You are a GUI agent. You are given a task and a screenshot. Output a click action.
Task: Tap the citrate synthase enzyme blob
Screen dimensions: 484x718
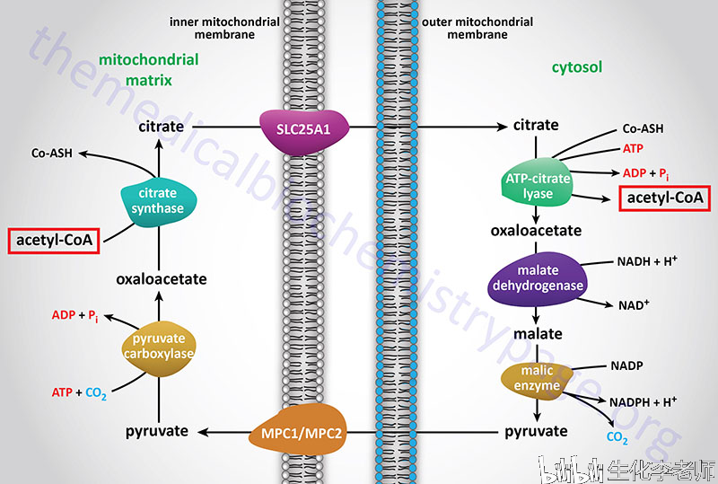tap(156, 201)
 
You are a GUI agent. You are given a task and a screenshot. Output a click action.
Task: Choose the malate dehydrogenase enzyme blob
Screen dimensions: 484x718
tap(538, 277)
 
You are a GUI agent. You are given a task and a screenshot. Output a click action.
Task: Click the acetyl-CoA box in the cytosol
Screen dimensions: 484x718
tap(663, 198)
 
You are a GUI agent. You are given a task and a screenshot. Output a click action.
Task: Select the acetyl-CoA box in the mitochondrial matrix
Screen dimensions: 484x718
tap(52, 242)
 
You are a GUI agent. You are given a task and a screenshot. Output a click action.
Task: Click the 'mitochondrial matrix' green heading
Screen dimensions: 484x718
tap(136, 69)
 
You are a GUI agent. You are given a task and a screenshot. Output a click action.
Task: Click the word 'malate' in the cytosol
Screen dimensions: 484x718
tap(538, 333)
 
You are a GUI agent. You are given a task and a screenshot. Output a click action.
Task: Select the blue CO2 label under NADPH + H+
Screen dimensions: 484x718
tap(616, 438)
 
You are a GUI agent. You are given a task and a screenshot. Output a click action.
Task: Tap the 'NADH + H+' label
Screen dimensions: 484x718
tap(645, 262)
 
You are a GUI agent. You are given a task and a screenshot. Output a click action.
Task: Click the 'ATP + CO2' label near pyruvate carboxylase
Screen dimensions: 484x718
tap(80, 392)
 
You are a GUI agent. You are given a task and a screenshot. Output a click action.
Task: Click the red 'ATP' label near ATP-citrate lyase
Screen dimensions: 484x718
tap(634, 147)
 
